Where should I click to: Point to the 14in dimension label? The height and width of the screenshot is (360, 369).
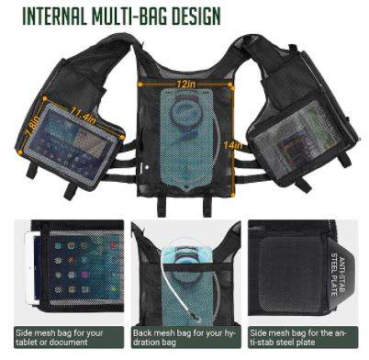[232, 145]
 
